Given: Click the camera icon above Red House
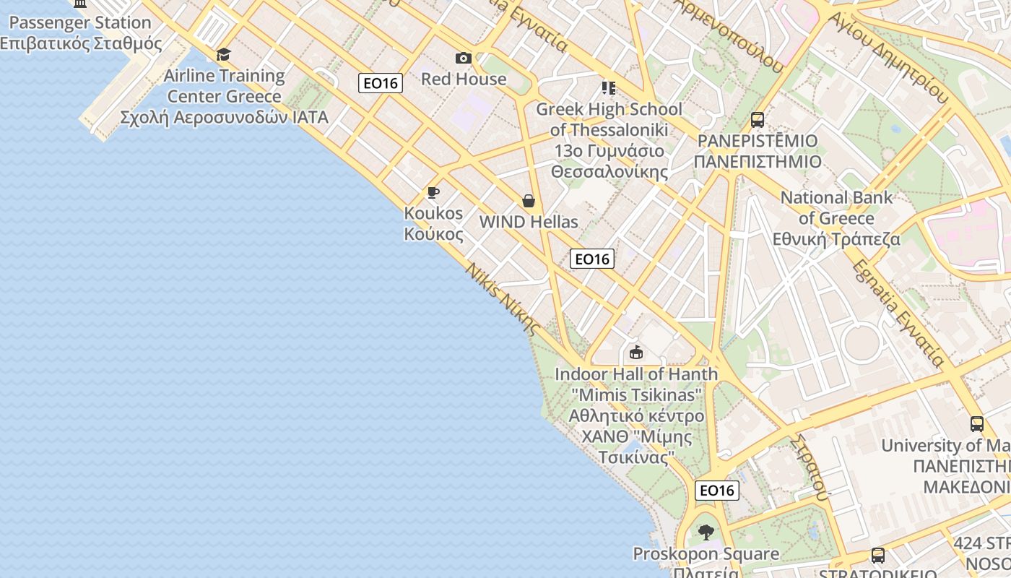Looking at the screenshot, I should click(x=464, y=58).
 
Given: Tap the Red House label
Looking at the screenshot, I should click(x=464, y=79).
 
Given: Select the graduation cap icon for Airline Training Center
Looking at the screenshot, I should click(x=224, y=54).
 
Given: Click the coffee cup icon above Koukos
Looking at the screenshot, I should click(x=433, y=192).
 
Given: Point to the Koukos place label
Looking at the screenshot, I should click(x=433, y=223).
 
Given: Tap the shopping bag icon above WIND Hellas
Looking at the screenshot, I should click(x=529, y=201).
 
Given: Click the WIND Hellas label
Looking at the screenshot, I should click(x=529, y=222).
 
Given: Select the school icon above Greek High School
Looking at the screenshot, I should click(x=609, y=88).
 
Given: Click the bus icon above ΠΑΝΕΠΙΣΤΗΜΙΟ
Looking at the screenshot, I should click(x=758, y=119).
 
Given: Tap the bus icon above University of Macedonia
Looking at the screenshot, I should click(x=977, y=424).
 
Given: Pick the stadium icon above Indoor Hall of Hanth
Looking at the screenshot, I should click(x=636, y=353).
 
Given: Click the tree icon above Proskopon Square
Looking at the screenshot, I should click(x=706, y=533).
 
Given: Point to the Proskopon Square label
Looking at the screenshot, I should click(x=706, y=555).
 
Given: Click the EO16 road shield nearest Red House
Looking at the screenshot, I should click(x=381, y=83).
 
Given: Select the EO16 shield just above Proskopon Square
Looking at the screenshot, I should click(x=717, y=491).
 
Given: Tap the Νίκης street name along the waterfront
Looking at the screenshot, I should click(x=503, y=298).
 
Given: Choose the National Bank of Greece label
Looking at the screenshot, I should click(x=836, y=218).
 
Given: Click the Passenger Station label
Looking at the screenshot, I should click(x=79, y=33).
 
